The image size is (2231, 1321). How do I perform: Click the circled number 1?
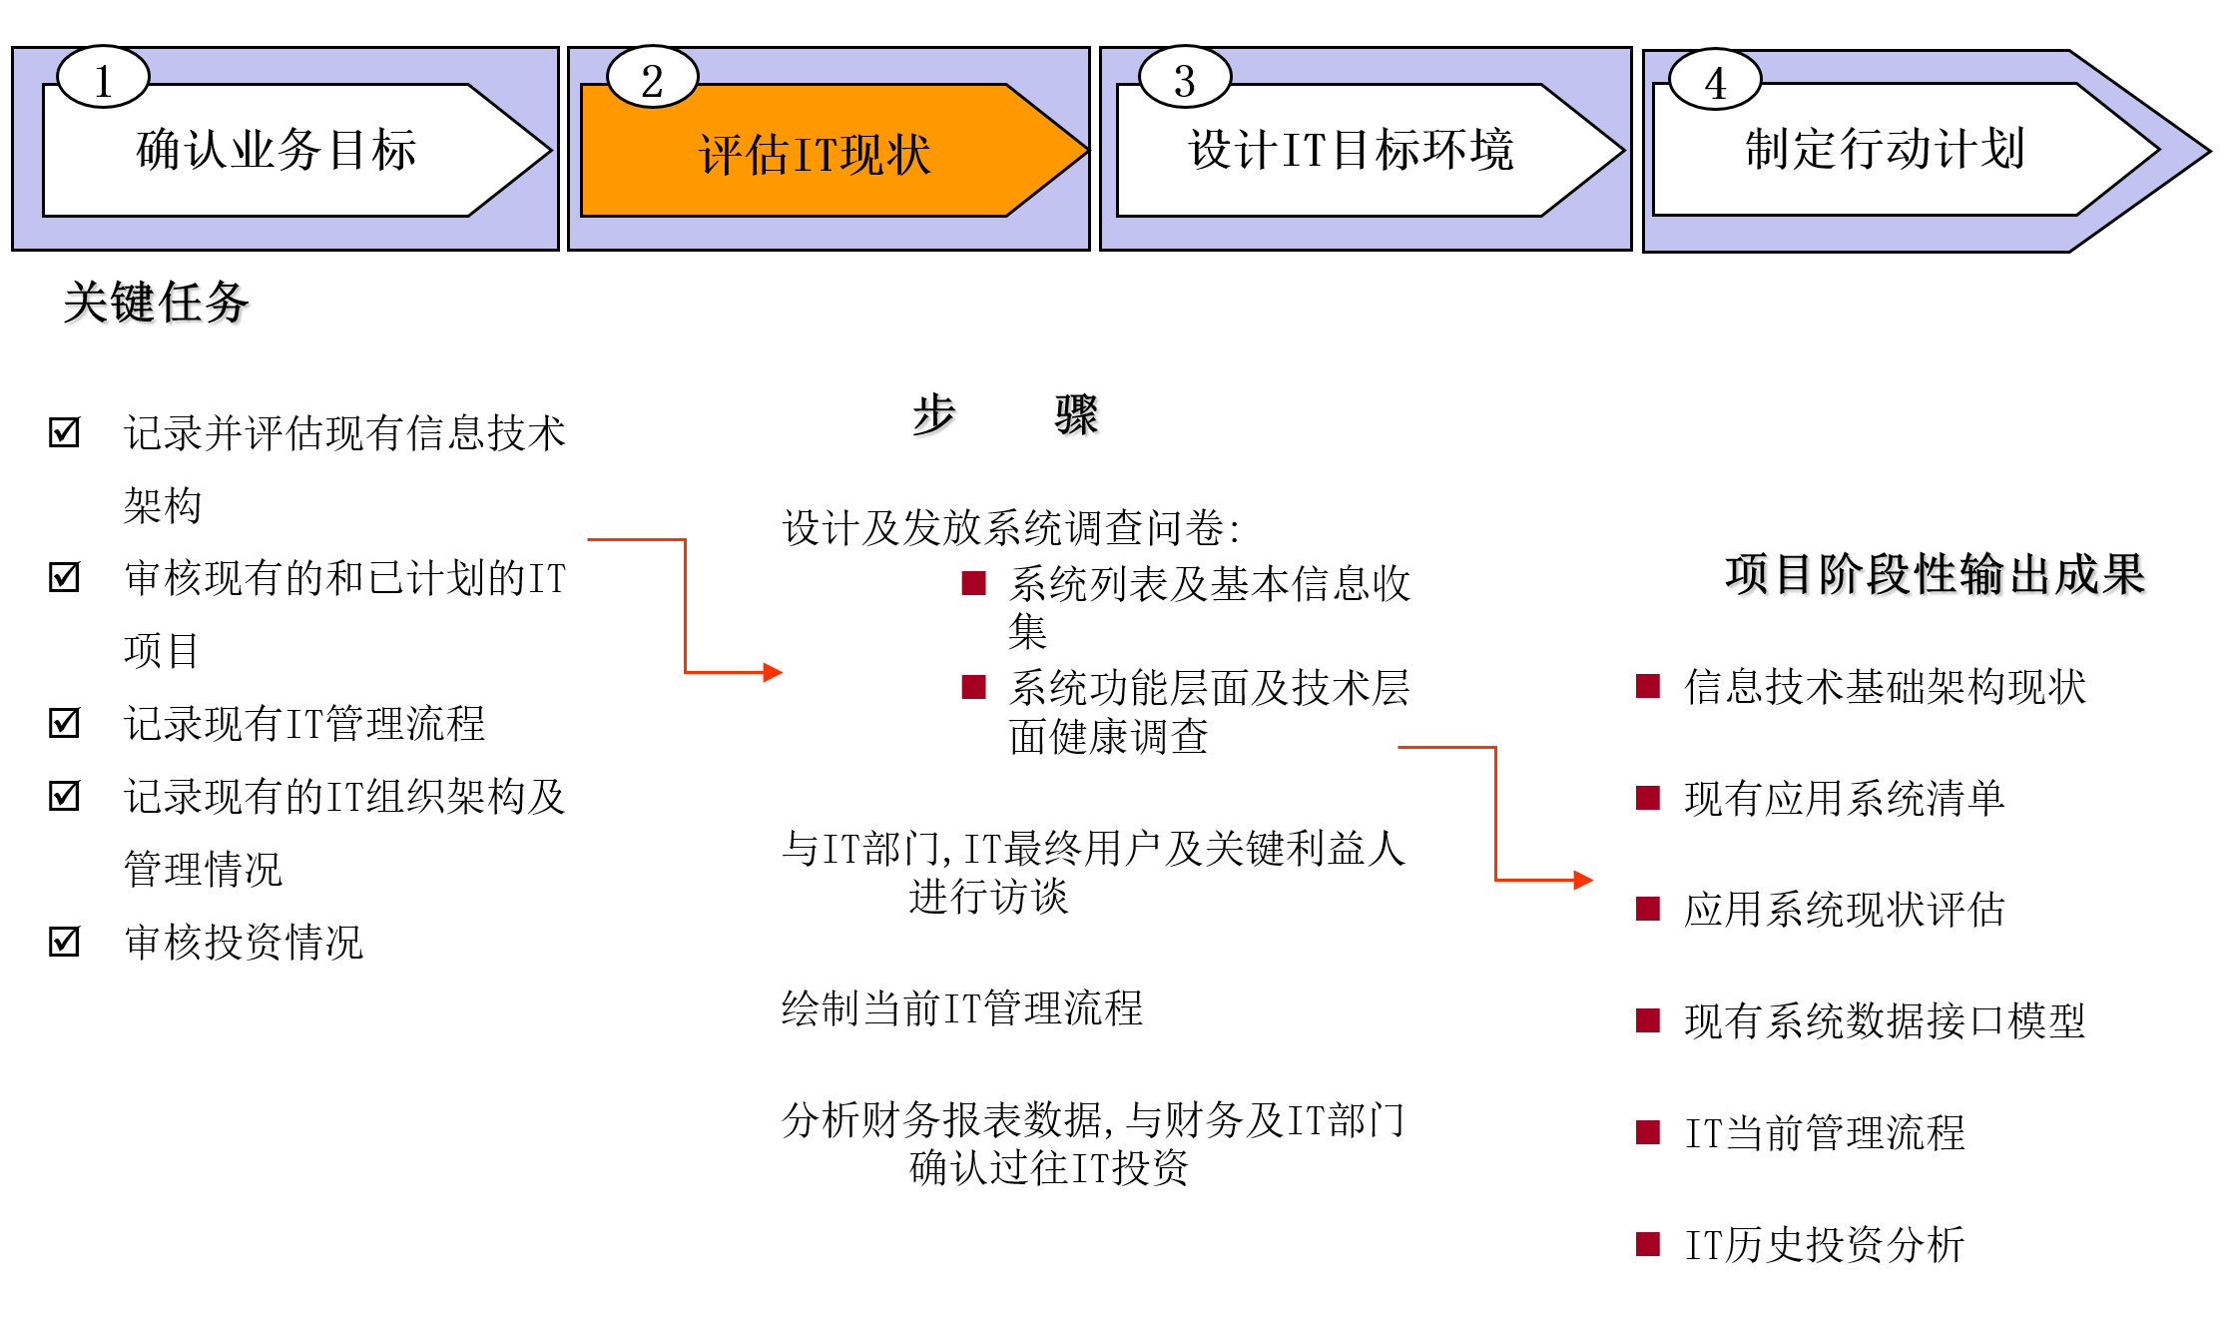[x=103, y=79]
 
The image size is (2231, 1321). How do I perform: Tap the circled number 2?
[x=652, y=79]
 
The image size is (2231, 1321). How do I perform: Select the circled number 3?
[x=1185, y=79]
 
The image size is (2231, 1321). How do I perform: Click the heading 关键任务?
[x=156, y=303]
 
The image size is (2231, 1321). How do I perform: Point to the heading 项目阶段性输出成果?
[x=1936, y=574]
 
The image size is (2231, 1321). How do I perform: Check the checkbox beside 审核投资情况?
[x=65, y=941]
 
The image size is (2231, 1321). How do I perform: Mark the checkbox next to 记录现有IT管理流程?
[x=65, y=722]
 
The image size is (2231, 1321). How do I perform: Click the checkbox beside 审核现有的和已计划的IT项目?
[x=65, y=576]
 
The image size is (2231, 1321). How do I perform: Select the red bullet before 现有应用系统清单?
[x=1647, y=798]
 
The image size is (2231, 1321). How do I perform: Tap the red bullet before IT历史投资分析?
[x=1647, y=1244]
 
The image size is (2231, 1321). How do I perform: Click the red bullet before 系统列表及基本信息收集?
[x=973, y=583]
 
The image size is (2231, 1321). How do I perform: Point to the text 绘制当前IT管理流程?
[x=962, y=1007]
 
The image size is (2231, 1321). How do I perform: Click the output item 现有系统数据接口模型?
[x=1885, y=1020]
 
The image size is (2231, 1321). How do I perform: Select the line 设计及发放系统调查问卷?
[x=1010, y=527]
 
